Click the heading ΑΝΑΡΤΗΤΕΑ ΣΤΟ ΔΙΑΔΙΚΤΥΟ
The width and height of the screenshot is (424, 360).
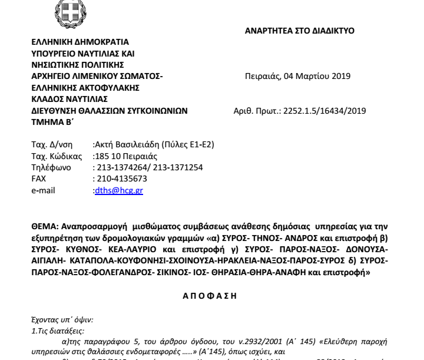coord(299,31)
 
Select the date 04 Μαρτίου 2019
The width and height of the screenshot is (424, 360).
coord(318,76)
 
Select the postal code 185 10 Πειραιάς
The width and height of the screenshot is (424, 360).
coord(125,156)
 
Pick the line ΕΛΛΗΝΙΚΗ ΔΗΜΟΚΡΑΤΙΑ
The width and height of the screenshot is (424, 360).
coord(79,42)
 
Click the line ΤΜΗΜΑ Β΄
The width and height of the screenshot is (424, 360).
coord(52,121)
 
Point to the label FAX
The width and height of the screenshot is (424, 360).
coord(38,179)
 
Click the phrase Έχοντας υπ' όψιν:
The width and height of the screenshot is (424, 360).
coord(64,321)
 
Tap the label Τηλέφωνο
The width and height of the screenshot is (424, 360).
coord(50,167)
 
